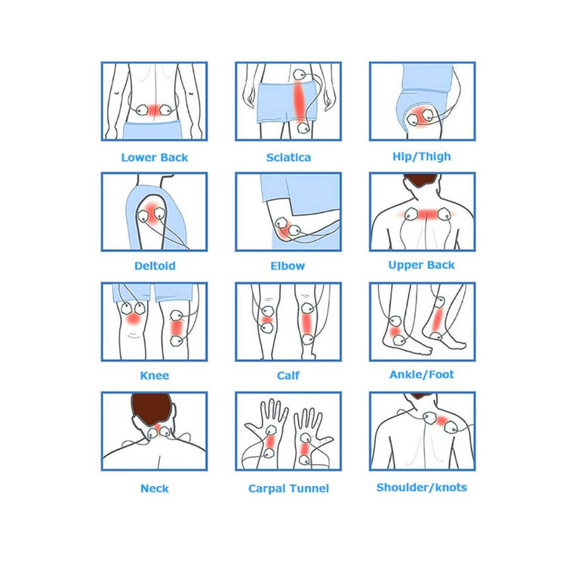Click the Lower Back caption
click(x=155, y=158)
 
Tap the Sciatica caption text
click(x=288, y=158)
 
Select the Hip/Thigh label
click(x=422, y=157)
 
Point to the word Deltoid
click(x=155, y=266)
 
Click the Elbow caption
click(x=288, y=266)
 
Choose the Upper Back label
click(x=421, y=266)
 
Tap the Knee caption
click(x=155, y=375)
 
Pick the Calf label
click(x=288, y=375)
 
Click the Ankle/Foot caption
click(x=422, y=374)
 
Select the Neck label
click(x=155, y=488)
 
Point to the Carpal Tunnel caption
click(x=288, y=489)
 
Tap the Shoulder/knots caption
click(x=422, y=488)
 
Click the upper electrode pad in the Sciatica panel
click(x=300, y=75)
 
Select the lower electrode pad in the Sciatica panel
click(x=303, y=128)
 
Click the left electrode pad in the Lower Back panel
click(x=142, y=109)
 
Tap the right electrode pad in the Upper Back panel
click(x=444, y=214)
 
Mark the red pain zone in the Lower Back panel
click(x=154, y=110)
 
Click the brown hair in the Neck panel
click(x=151, y=408)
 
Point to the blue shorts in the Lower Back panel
click(x=152, y=130)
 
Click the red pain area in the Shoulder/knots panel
click(x=441, y=421)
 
